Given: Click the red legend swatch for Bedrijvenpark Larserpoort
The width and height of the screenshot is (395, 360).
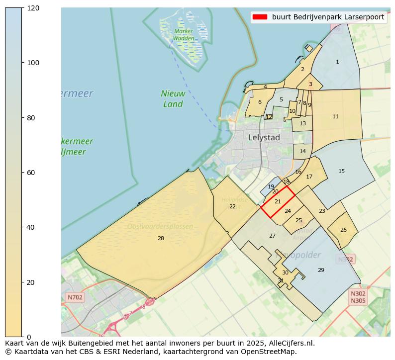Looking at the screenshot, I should click(260, 17).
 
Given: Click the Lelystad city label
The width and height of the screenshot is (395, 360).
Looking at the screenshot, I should click(264, 138).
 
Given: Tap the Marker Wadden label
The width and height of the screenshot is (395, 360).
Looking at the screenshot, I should click(184, 35).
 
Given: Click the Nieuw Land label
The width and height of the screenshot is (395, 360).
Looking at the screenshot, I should click(173, 99).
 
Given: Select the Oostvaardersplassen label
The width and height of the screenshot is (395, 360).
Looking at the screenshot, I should click(160, 227).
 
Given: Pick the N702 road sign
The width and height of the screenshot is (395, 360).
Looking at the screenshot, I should click(75, 297).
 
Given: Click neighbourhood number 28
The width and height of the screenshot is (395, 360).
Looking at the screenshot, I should click(161, 239).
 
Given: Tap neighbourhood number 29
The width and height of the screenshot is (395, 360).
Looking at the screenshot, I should click(321, 270).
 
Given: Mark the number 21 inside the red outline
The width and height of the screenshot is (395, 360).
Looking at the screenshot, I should click(278, 201).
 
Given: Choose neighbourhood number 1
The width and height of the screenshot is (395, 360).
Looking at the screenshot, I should click(337, 62).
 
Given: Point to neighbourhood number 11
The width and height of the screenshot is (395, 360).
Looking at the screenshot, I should click(335, 117).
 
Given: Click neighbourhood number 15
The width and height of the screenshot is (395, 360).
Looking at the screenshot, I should click(341, 172).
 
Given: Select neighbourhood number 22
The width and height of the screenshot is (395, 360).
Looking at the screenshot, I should click(232, 206).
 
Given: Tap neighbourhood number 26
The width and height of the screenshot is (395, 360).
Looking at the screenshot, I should click(343, 230).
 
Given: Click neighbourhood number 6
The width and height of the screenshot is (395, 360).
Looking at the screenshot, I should click(260, 102).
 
